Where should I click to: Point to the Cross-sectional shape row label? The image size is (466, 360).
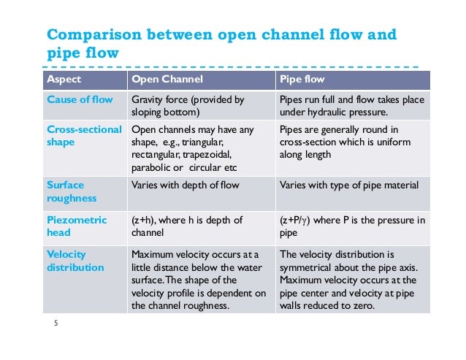(x=78, y=136)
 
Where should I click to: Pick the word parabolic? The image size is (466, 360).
(x=151, y=167)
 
